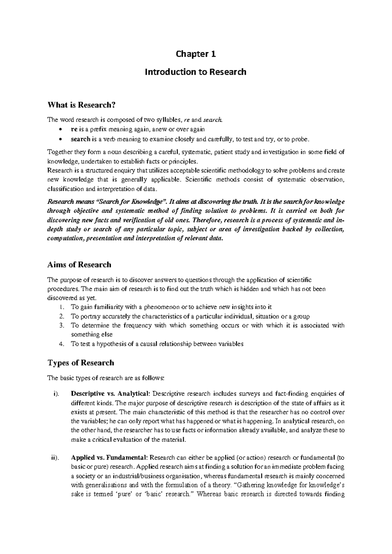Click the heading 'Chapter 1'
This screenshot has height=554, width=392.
pyautogui.click(x=196, y=54)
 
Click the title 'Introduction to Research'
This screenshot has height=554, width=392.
pyautogui.click(x=195, y=72)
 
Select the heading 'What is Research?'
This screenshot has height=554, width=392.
pyautogui.click(x=82, y=105)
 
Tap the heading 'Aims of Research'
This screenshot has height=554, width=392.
pyautogui.click(x=79, y=265)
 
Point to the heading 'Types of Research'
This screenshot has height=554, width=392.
pyautogui.click(x=81, y=363)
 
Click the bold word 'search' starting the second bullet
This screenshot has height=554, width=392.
pyautogui.click(x=80, y=139)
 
